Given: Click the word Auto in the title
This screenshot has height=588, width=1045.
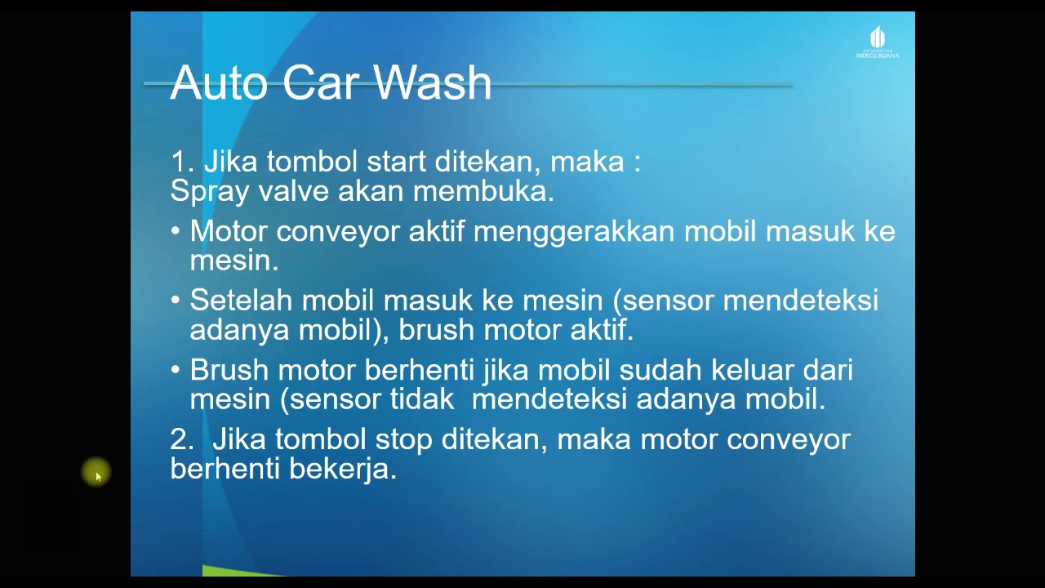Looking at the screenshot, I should click(x=219, y=83).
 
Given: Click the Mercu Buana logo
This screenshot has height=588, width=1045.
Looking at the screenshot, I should click(x=878, y=42).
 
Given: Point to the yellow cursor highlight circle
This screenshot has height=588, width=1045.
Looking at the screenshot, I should click(x=96, y=472).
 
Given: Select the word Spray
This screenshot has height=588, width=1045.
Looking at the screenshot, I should click(x=210, y=191).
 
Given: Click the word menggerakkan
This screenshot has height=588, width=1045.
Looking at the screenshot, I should click(x=574, y=231).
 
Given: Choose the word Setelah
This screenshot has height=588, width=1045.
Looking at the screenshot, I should click(x=241, y=301).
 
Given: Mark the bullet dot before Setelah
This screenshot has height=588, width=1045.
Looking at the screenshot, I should click(x=176, y=301).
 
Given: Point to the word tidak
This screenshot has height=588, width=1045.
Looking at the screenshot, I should click(x=422, y=399).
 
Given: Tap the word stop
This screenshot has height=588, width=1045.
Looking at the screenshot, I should click(x=403, y=440).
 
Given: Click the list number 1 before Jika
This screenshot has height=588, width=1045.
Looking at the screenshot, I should click(x=180, y=162).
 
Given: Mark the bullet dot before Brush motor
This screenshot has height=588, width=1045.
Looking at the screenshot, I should click(x=176, y=370).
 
